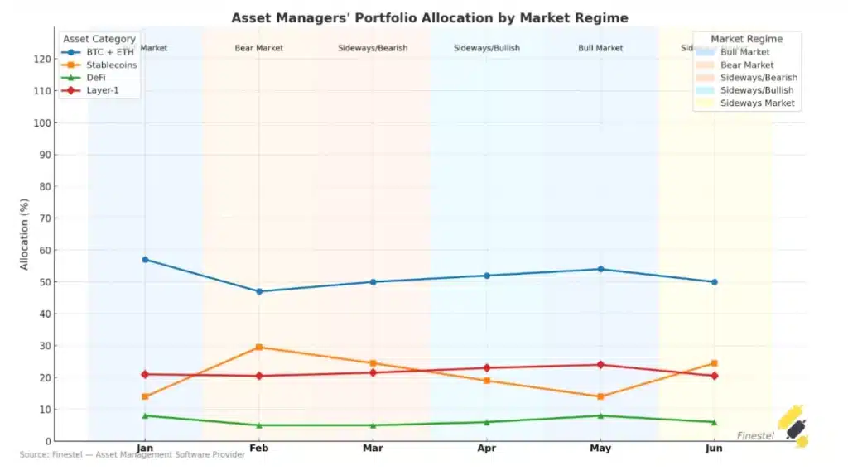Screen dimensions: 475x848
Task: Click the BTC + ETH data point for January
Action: [x=145, y=260]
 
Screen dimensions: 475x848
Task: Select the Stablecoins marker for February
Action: [x=259, y=347]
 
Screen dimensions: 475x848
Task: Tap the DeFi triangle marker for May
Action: [x=600, y=415]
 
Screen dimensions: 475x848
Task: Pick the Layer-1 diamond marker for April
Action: [x=487, y=367]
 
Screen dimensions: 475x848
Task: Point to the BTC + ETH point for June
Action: [x=714, y=282]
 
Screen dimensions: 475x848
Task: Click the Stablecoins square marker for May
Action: [x=600, y=396]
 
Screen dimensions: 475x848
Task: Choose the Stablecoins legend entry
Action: [x=111, y=65]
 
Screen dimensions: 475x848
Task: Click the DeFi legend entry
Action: [x=96, y=77]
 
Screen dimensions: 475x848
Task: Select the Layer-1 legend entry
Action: [x=103, y=89]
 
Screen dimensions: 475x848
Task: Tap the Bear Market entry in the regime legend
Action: [x=747, y=65]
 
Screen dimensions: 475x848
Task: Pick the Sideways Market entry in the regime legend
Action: [x=758, y=103]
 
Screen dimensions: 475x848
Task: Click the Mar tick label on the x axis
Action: [x=373, y=449]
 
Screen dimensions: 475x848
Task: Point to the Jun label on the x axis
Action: [x=714, y=449]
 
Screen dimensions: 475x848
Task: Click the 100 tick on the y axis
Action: [x=41, y=122]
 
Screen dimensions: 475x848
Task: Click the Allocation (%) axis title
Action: [x=25, y=234]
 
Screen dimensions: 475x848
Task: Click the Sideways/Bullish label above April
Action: [x=487, y=48]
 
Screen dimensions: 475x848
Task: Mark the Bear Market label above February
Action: [x=259, y=48]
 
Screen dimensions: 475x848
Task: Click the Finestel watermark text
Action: [x=755, y=435]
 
